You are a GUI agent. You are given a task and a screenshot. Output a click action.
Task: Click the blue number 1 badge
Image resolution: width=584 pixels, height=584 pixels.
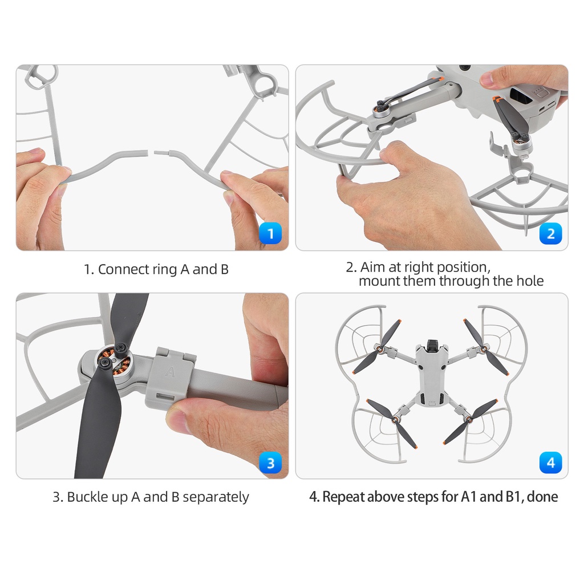270,233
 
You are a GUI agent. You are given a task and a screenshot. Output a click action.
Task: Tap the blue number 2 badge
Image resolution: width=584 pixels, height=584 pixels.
550,233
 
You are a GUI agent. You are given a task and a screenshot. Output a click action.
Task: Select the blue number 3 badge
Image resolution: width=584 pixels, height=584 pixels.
270,463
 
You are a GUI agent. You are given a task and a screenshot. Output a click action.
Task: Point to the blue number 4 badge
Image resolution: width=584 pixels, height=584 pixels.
550,463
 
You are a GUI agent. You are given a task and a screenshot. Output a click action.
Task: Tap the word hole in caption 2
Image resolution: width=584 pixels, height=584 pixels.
530,281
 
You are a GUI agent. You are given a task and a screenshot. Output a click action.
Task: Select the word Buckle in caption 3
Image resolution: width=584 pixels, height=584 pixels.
87,497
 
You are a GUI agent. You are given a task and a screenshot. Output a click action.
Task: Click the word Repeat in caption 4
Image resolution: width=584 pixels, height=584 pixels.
342,497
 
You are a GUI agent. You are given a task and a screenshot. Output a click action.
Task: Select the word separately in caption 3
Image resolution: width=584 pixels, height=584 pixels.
216,497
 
